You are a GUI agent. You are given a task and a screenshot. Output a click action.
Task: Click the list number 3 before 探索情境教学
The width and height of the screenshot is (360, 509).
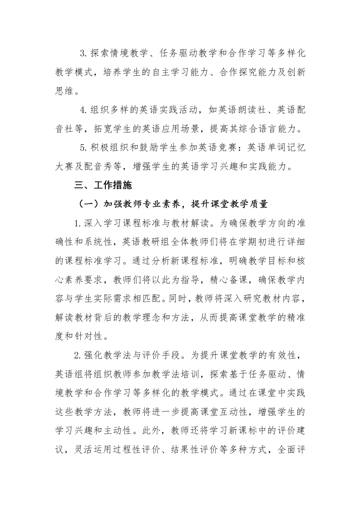83,54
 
